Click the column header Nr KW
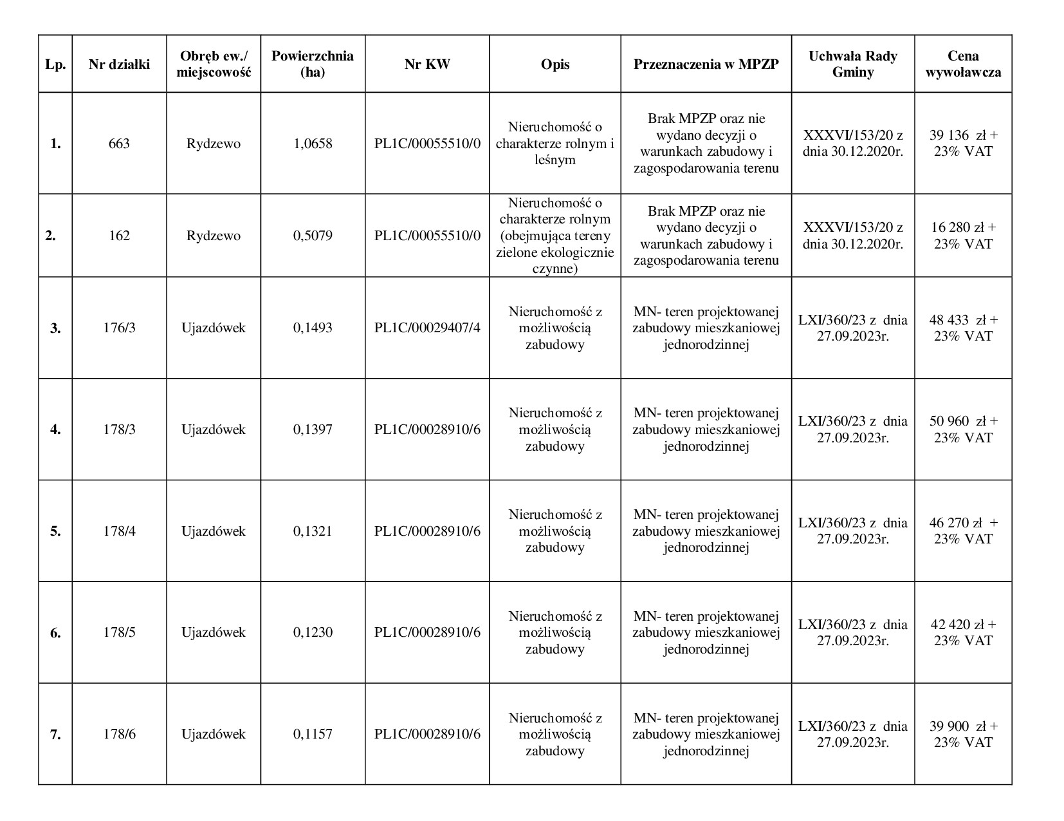[427, 64]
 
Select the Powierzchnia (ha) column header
[313, 64]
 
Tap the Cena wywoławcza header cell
[963, 64]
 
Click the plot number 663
[119, 144]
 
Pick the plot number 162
[119, 236]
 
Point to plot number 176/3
[119, 328]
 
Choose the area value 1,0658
[313, 144]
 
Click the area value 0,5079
[313, 236]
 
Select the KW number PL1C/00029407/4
[427, 328]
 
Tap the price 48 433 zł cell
[963, 328]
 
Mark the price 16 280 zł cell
[963, 236]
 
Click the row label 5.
[55, 531]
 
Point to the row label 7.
[55, 734]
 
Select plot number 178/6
[119, 734]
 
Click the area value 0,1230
[313, 632]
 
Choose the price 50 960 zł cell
[963, 429]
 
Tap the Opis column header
[555, 64]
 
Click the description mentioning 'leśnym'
[555, 144]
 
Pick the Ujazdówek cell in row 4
[213, 429]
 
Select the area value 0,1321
[313, 531]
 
